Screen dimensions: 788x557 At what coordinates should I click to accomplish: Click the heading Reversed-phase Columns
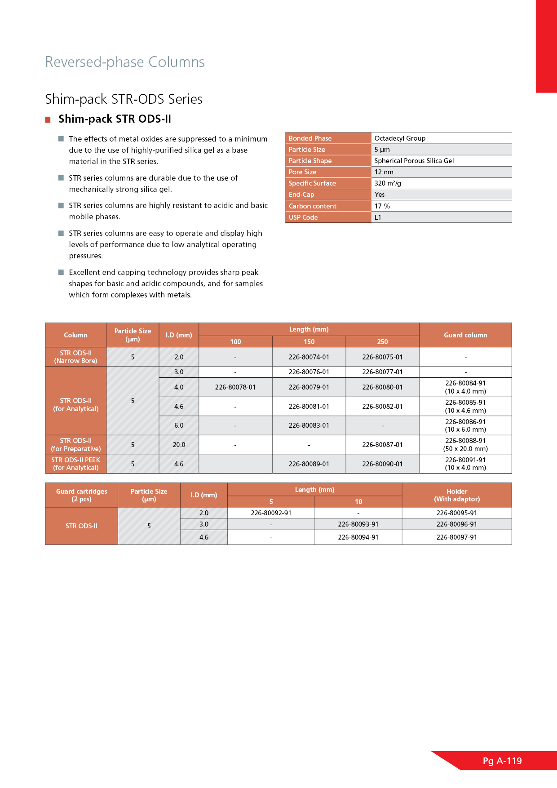pyautogui.click(x=125, y=62)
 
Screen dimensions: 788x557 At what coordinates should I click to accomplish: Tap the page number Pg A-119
pyautogui.click(x=502, y=761)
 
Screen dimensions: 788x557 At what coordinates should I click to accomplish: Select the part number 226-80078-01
pyautogui.click(x=235, y=387)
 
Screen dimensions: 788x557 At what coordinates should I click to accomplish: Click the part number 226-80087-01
pyautogui.click(x=382, y=445)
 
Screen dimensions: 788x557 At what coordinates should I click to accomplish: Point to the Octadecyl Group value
pyautogui.click(x=400, y=138)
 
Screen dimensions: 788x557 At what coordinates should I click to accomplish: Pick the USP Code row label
pyautogui.click(x=303, y=217)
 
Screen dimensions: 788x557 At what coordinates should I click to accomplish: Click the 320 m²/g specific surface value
pyautogui.click(x=388, y=183)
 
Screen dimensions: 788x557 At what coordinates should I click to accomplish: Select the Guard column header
pyautogui.click(x=465, y=335)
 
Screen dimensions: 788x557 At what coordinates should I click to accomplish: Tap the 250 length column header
pyautogui.click(x=382, y=342)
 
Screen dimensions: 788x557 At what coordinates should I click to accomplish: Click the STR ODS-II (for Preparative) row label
pyautogui.click(x=76, y=445)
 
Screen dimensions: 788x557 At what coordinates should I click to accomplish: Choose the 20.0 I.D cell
pyautogui.click(x=179, y=445)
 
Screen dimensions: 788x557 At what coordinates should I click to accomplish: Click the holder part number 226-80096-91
pyautogui.click(x=457, y=524)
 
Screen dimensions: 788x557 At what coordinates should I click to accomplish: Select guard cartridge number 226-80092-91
pyautogui.click(x=271, y=513)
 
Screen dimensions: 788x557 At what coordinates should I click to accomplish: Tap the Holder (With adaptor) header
pyautogui.click(x=457, y=495)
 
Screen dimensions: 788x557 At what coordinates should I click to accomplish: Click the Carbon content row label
pyautogui.click(x=313, y=206)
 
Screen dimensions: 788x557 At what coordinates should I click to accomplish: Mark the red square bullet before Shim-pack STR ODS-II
pyautogui.click(x=48, y=120)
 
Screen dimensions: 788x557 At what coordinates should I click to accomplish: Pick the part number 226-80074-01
pyautogui.click(x=309, y=357)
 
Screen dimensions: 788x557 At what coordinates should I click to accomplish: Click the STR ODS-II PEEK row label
pyautogui.click(x=76, y=464)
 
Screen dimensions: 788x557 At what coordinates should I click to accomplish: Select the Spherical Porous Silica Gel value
pyautogui.click(x=414, y=161)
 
